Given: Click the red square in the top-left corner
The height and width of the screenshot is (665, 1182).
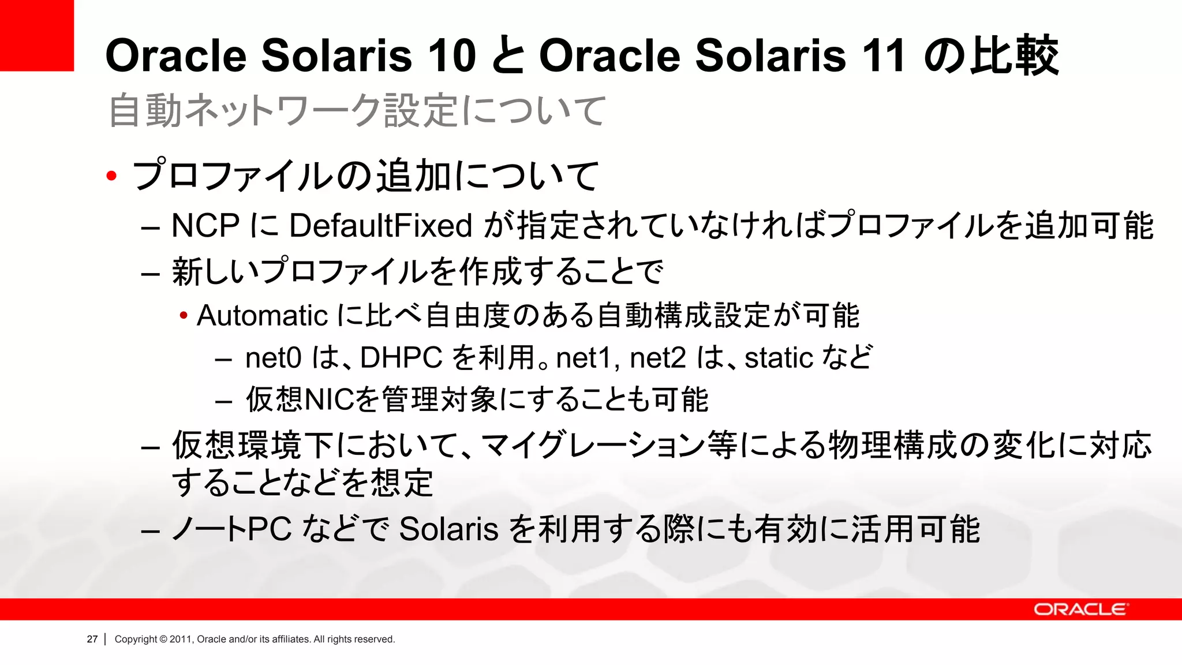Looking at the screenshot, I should coord(36,35).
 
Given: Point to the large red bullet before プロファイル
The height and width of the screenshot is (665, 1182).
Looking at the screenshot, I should coord(112,175).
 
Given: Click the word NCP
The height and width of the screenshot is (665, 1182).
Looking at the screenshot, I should coord(205,225).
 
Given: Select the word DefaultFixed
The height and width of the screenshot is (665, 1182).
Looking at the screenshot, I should coord(381,225).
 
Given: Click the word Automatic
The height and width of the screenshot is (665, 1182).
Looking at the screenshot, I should coord(262,316).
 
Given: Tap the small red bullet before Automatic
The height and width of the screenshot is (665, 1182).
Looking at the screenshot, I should coord(184,316).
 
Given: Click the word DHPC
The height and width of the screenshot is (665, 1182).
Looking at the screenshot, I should coord(401,358).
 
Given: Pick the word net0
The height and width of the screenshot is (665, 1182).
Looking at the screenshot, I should coord(273,358).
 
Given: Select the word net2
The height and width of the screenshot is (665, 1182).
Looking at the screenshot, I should coord(657,358).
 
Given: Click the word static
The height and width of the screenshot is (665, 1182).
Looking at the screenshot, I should coord(779,358).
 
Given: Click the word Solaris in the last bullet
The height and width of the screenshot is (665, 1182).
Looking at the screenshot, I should coord(448,529).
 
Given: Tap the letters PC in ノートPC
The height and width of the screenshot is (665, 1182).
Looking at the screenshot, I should coord(269,529).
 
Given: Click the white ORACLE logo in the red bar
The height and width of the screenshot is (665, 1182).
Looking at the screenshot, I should coord(1079,610).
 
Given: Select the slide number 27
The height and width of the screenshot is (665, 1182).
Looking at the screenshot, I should coord(92,639).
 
